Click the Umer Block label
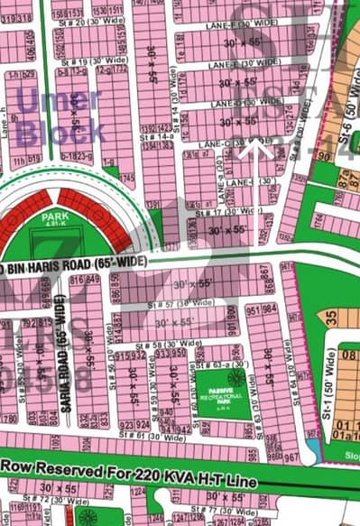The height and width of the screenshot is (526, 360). (x=61, y=116)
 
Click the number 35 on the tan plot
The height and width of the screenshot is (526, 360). (x=330, y=318)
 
